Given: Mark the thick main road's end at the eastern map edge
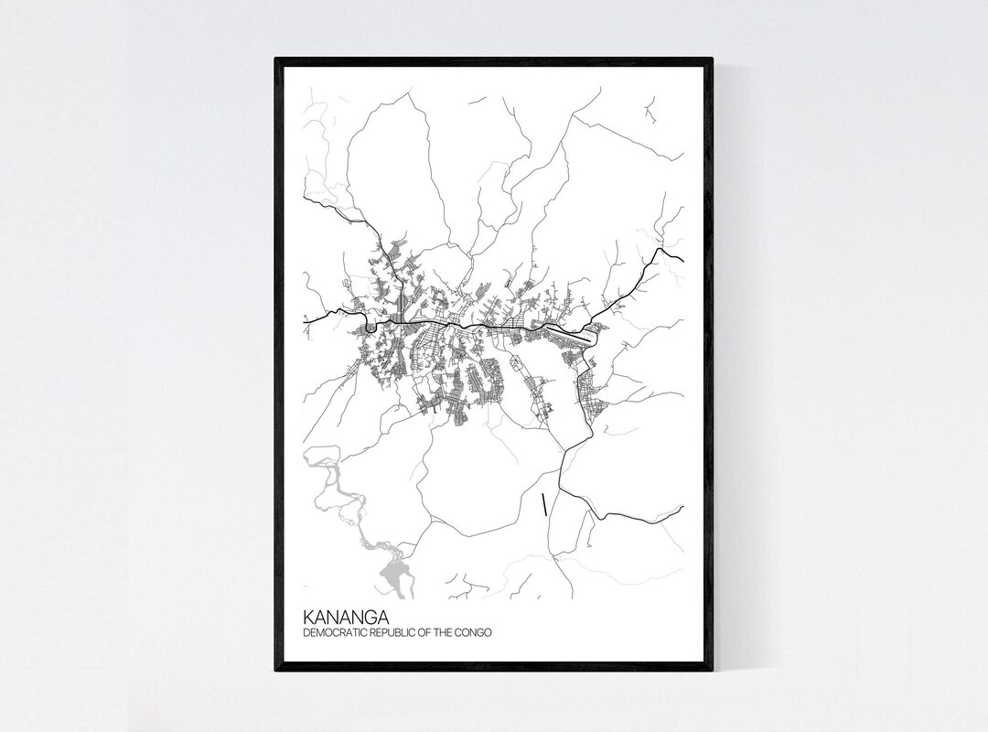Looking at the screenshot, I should tap(682, 260).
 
